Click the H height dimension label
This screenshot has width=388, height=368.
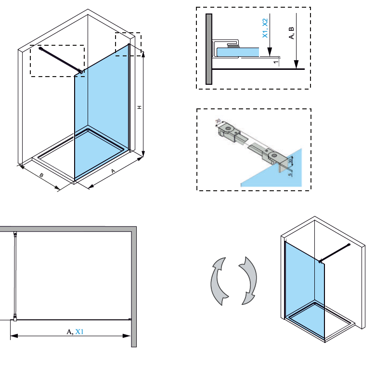point(139,107)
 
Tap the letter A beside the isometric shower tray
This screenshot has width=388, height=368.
point(114,171)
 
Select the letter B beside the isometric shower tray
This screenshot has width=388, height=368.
point(42,175)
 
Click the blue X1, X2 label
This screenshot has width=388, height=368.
point(265,29)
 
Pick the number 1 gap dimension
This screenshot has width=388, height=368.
point(275,62)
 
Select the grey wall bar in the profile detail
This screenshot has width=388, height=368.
point(208,48)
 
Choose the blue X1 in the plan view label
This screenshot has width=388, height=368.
point(79,331)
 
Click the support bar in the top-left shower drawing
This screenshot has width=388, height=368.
point(61,60)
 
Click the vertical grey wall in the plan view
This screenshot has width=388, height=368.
point(134,289)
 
